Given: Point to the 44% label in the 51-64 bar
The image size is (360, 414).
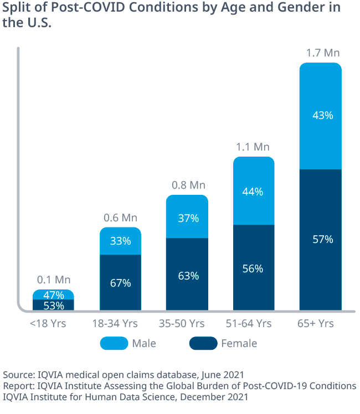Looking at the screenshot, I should (x=253, y=192).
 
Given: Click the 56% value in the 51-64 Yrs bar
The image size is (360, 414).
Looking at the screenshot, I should (x=253, y=268).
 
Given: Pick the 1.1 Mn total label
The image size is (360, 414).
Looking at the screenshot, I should (x=253, y=147).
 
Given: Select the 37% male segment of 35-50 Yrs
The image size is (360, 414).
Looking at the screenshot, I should (x=187, y=218).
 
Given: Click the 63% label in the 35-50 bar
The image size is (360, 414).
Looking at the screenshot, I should (x=187, y=276).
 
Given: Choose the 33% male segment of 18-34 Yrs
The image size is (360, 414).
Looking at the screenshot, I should (x=120, y=241).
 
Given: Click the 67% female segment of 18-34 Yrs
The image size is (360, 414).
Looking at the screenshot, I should (x=120, y=283).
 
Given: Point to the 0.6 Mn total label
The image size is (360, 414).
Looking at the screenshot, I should (x=120, y=218).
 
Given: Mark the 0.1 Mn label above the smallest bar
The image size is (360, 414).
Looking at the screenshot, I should (x=54, y=280).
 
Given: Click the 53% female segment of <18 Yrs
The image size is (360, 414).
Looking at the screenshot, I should (x=54, y=305).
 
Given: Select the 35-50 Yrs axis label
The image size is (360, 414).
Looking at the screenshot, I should (x=187, y=323).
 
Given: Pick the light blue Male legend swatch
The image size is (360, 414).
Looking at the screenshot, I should (x=114, y=344).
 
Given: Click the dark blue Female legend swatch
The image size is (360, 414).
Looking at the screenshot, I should (x=203, y=344).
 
